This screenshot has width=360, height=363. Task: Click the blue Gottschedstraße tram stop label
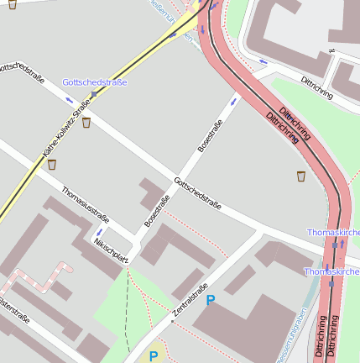coord(95,82)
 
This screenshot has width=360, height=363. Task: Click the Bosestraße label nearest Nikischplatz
coord(157,209)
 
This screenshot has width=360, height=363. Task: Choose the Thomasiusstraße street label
coord(85,207)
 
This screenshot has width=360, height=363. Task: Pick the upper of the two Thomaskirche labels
coord(333,231)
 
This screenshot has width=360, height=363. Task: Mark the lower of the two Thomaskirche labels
coord(331,272)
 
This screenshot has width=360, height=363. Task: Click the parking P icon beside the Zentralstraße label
coord(211,300)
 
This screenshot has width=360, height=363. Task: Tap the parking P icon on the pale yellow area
coord(153,356)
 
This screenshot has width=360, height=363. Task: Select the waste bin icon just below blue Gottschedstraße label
coord(86,123)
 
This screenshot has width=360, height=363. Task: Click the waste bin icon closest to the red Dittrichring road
coord(300,176)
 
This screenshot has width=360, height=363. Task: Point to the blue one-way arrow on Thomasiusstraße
coord(99,231)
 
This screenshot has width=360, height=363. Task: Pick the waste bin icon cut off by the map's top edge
coord(12,3)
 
